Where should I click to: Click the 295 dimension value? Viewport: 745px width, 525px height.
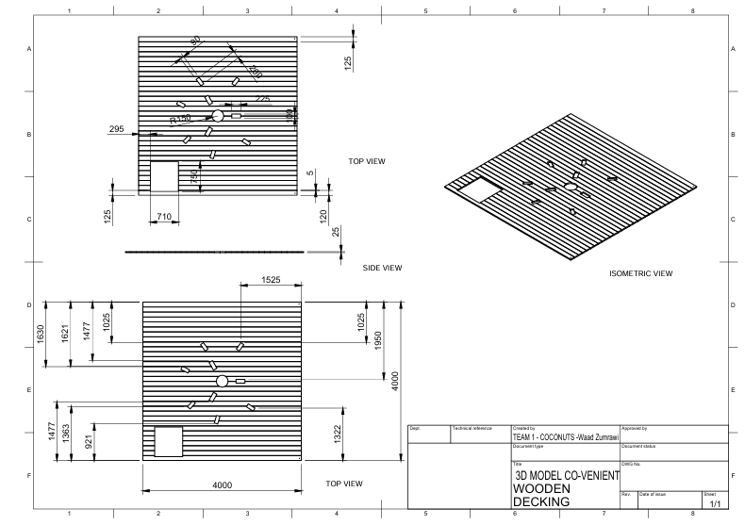117,128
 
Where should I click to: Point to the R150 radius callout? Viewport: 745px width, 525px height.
180,120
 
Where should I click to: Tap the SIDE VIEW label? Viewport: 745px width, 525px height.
382,268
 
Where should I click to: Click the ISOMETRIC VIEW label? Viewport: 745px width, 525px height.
641,273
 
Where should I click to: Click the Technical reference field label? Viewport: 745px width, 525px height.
472,428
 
